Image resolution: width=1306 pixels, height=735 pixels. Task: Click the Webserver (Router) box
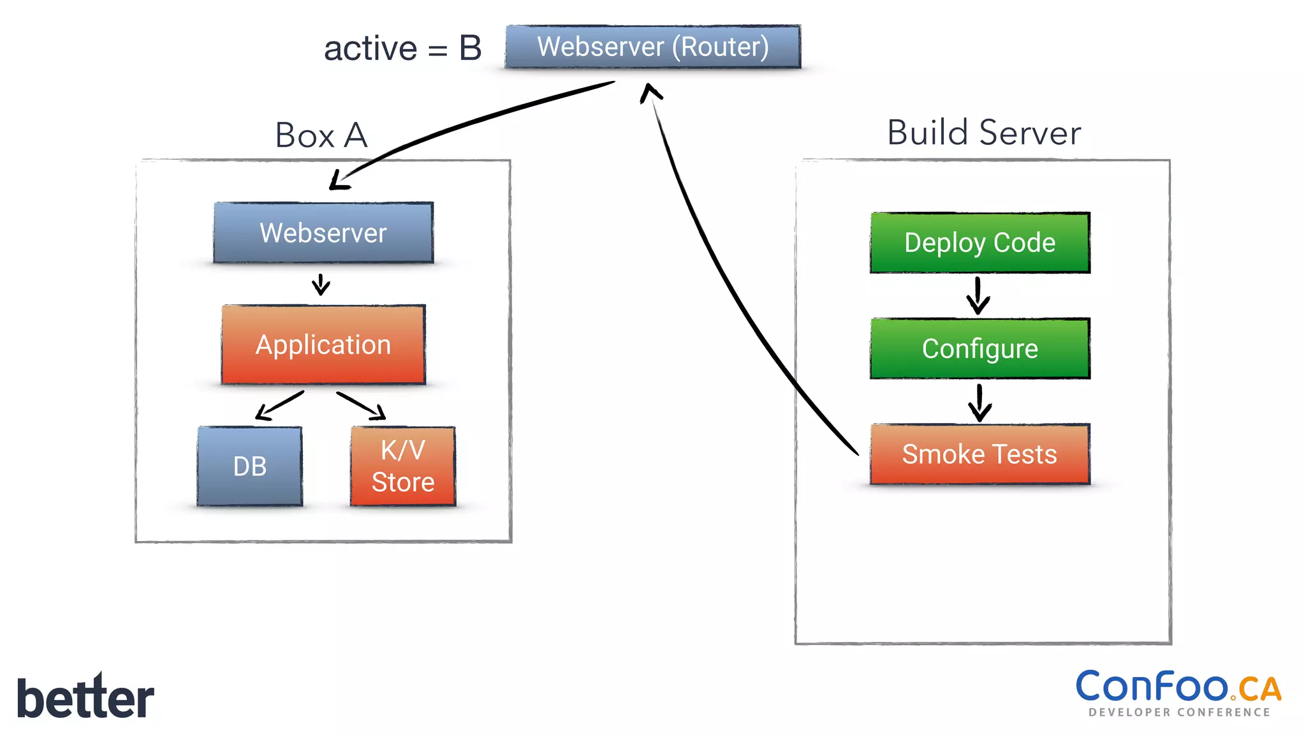point(652,47)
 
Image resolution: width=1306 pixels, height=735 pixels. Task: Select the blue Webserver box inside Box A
point(323,233)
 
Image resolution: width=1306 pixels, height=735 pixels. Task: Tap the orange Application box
point(323,345)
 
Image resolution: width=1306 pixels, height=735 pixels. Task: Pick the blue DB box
point(249,466)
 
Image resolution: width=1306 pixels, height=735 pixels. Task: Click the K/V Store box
point(403,466)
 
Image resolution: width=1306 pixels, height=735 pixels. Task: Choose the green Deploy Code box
point(979,243)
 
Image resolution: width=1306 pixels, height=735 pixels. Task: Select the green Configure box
point(979,348)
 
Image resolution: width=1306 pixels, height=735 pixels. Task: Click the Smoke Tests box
point(979,454)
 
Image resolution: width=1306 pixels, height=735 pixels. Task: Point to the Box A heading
point(321,135)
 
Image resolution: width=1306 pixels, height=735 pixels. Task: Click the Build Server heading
point(984,133)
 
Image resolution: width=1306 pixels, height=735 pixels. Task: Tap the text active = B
point(402,48)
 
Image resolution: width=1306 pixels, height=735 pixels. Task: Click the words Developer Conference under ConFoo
point(1179,712)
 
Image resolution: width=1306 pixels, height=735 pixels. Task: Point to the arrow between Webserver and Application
point(321,285)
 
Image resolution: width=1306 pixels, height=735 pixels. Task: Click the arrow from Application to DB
point(279,406)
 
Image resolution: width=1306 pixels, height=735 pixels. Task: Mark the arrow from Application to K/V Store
point(362,406)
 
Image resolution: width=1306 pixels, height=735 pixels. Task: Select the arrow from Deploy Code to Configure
point(978,296)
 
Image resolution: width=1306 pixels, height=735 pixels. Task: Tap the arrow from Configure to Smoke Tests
point(979,402)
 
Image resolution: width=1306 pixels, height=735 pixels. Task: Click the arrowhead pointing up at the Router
point(650,93)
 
